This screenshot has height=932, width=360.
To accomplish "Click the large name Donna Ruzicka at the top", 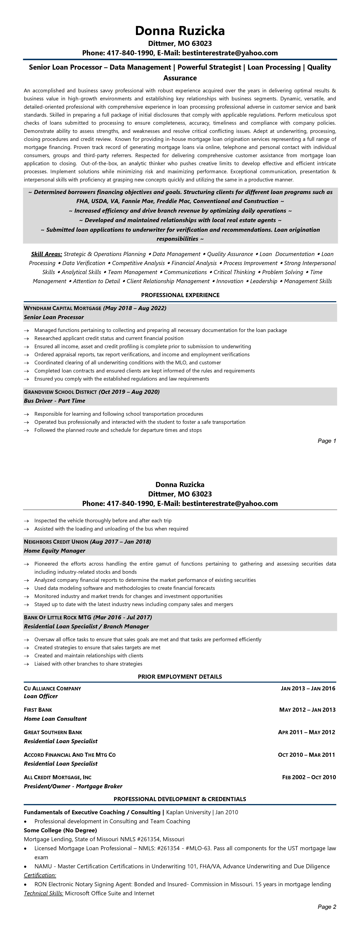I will [180, 31].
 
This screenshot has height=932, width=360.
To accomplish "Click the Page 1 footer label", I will [327, 441].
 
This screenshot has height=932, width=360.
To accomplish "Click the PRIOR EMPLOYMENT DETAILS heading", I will [180, 677].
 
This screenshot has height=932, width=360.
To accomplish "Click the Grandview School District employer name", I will [60, 392].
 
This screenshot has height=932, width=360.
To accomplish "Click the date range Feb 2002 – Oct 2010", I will [309, 777].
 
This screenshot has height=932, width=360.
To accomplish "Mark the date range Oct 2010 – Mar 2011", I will [306, 755].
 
